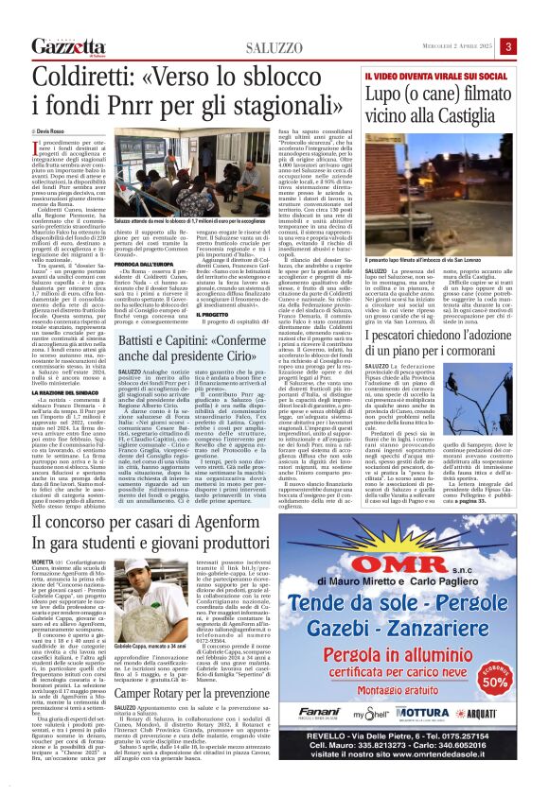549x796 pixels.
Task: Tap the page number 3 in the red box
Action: pos(534,46)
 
